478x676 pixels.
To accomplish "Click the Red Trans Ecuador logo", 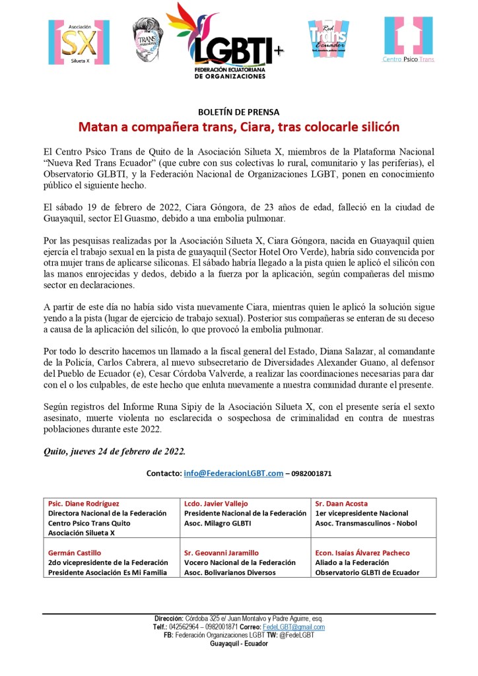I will click(327, 39).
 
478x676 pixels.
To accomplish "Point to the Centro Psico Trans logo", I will click(409, 40).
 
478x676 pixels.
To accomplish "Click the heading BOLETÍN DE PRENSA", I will click(238, 112).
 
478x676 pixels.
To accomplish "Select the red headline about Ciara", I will click(238, 125).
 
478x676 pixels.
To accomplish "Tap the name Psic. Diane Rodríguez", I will click(84, 503).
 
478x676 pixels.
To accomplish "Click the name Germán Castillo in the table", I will click(75, 553).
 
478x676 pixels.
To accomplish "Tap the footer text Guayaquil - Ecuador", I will click(239, 644).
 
